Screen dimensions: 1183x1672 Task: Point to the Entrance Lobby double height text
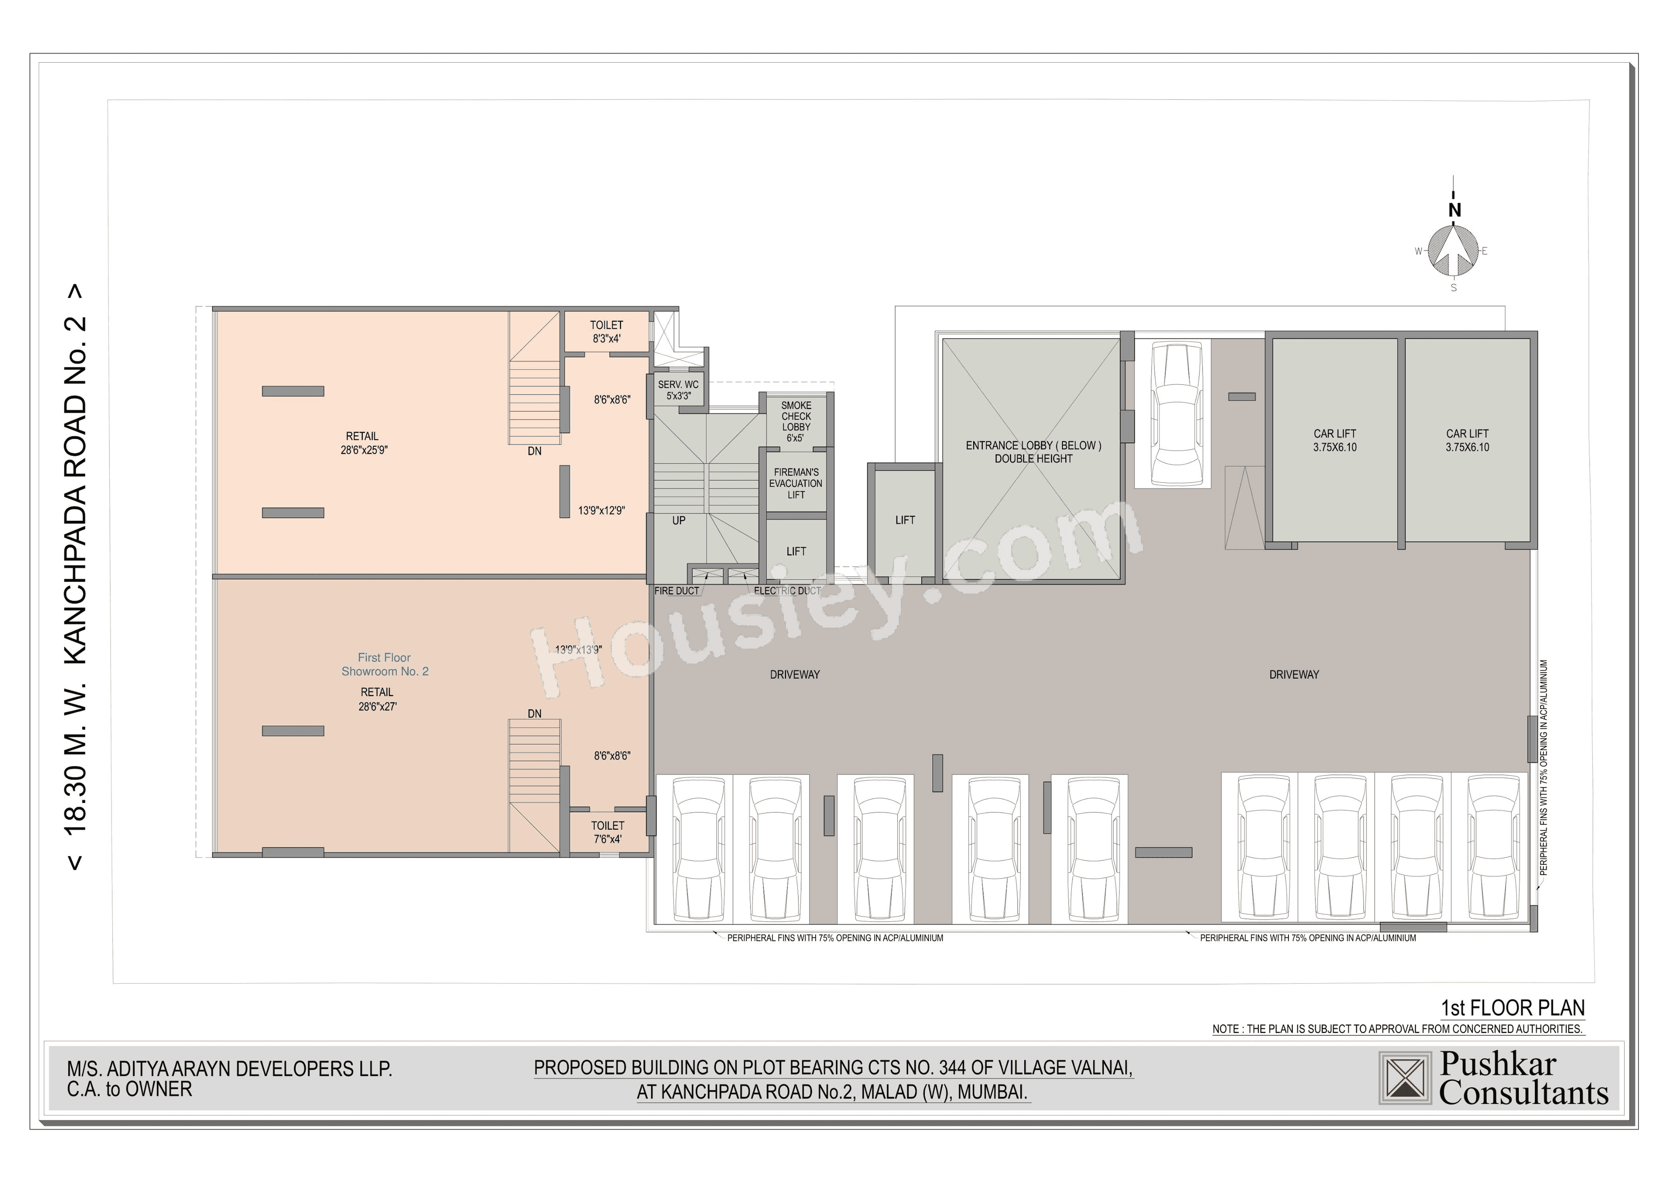click(1033, 452)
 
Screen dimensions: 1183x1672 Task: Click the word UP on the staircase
click(678, 521)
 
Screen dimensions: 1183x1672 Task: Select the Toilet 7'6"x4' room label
click(607, 832)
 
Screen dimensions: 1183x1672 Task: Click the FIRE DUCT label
click(676, 591)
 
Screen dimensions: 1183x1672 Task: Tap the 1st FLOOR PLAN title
click(1513, 1008)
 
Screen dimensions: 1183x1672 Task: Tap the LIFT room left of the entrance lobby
click(905, 520)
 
